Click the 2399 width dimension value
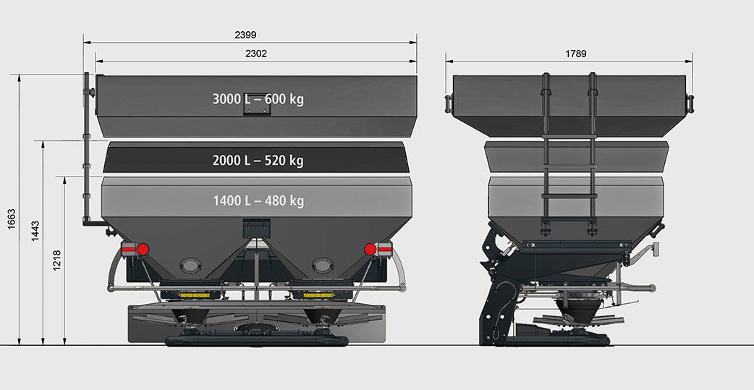coord(246,35)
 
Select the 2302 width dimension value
coord(256,54)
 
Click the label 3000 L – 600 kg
coord(258,99)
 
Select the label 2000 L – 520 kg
coord(258,160)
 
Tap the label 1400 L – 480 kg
coord(258,200)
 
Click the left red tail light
coord(143,249)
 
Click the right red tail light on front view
coord(370,249)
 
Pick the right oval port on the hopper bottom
coord(322,265)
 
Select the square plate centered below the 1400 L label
coord(256,227)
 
